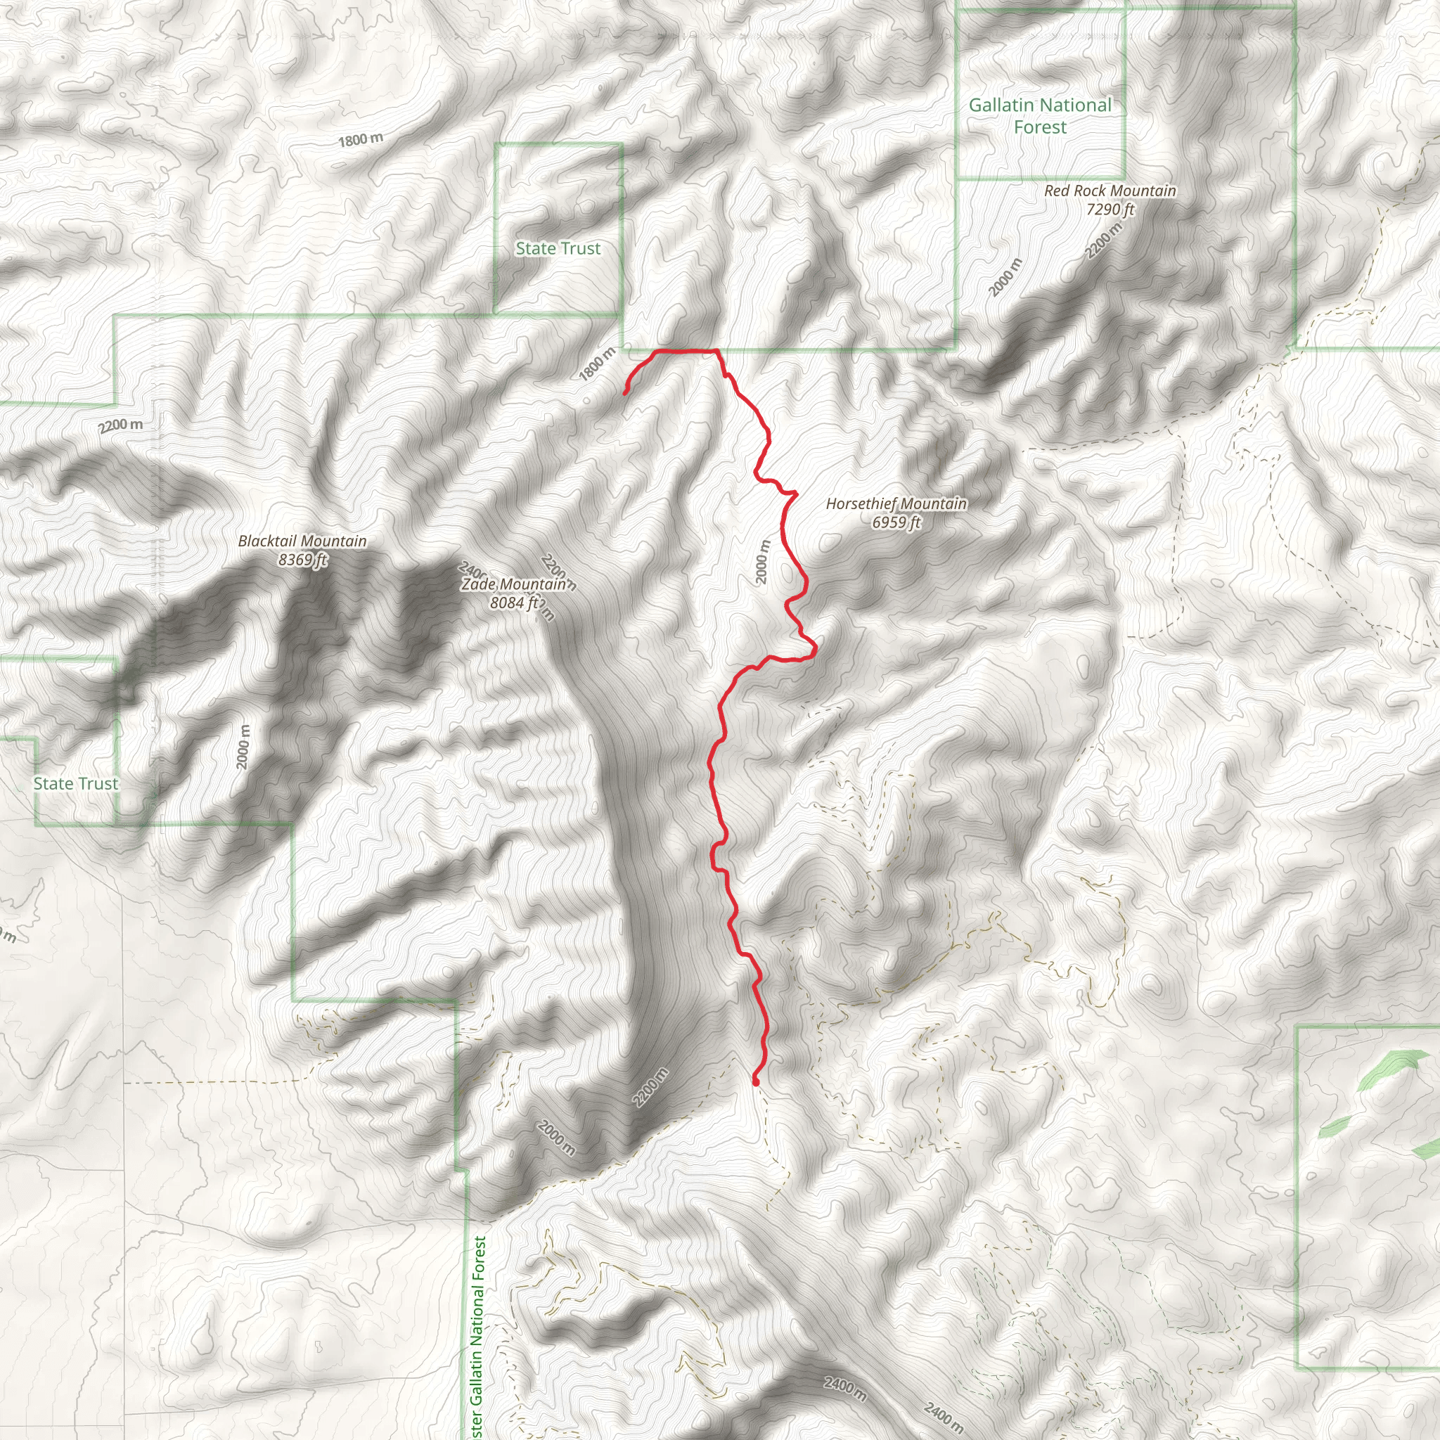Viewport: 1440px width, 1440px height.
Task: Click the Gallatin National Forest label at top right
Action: [x=1040, y=115]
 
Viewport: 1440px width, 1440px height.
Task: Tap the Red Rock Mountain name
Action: [x=1110, y=191]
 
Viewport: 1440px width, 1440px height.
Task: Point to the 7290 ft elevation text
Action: [x=1110, y=210]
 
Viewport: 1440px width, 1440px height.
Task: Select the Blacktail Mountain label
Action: [x=302, y=541]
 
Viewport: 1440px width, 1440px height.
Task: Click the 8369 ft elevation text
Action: [x=302, y=559]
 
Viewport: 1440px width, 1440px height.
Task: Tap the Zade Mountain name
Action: [x=513, y=584]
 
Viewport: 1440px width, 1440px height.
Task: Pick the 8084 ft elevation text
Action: [x=513, y=603]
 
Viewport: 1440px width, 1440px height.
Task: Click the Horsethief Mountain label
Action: [x=896, y=504]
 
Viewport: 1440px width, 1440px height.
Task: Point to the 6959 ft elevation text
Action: [x=896, y=522]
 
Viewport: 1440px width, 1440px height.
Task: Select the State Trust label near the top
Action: [x=558, y=248]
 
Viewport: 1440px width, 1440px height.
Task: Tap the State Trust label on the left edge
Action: [x=75, y=783]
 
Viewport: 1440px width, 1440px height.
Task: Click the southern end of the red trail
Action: [x=756, y=1081]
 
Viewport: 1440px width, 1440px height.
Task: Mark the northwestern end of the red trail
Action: [x=624, y=393]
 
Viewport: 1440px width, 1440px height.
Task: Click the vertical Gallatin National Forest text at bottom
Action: [x=479, y=1339]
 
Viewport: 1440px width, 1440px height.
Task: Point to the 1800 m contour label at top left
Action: [x=360, y=139]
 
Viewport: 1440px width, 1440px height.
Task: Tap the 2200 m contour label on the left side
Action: [x=120, y=425]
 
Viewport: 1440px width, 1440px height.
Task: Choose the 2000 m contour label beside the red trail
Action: [x=761, y=562]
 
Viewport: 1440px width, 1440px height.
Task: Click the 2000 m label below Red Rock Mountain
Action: [x=1005, y=277]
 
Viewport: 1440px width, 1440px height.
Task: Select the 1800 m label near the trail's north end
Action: [x=597, y=364]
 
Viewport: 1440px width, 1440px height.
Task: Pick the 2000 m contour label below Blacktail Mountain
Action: [x=243, y=746]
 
